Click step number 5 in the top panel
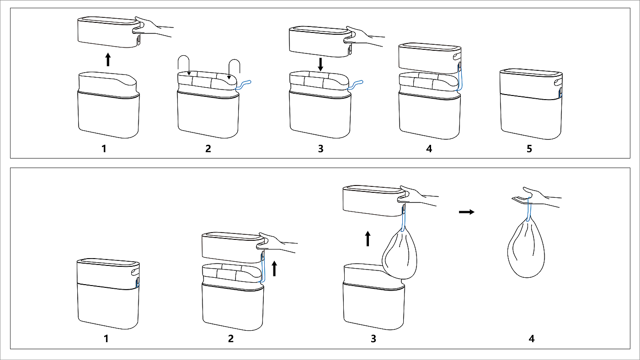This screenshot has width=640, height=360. [x=529, y=149]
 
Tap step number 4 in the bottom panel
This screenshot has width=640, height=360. [x=531, y=339]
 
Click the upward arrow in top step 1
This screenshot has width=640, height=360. [x=108, y=59]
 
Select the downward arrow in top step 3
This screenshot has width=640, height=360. [x=320, y=64]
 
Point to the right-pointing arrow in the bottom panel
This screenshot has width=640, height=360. [x=466, y=212]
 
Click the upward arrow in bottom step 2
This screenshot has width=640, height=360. [x=274, y=268]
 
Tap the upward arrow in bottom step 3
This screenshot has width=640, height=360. [x=368, y=238]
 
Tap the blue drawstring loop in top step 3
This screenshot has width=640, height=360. [x=356, y=84]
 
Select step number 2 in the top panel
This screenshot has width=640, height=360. [x=208, y=149]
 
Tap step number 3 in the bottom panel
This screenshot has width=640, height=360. [x=373, y=339]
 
